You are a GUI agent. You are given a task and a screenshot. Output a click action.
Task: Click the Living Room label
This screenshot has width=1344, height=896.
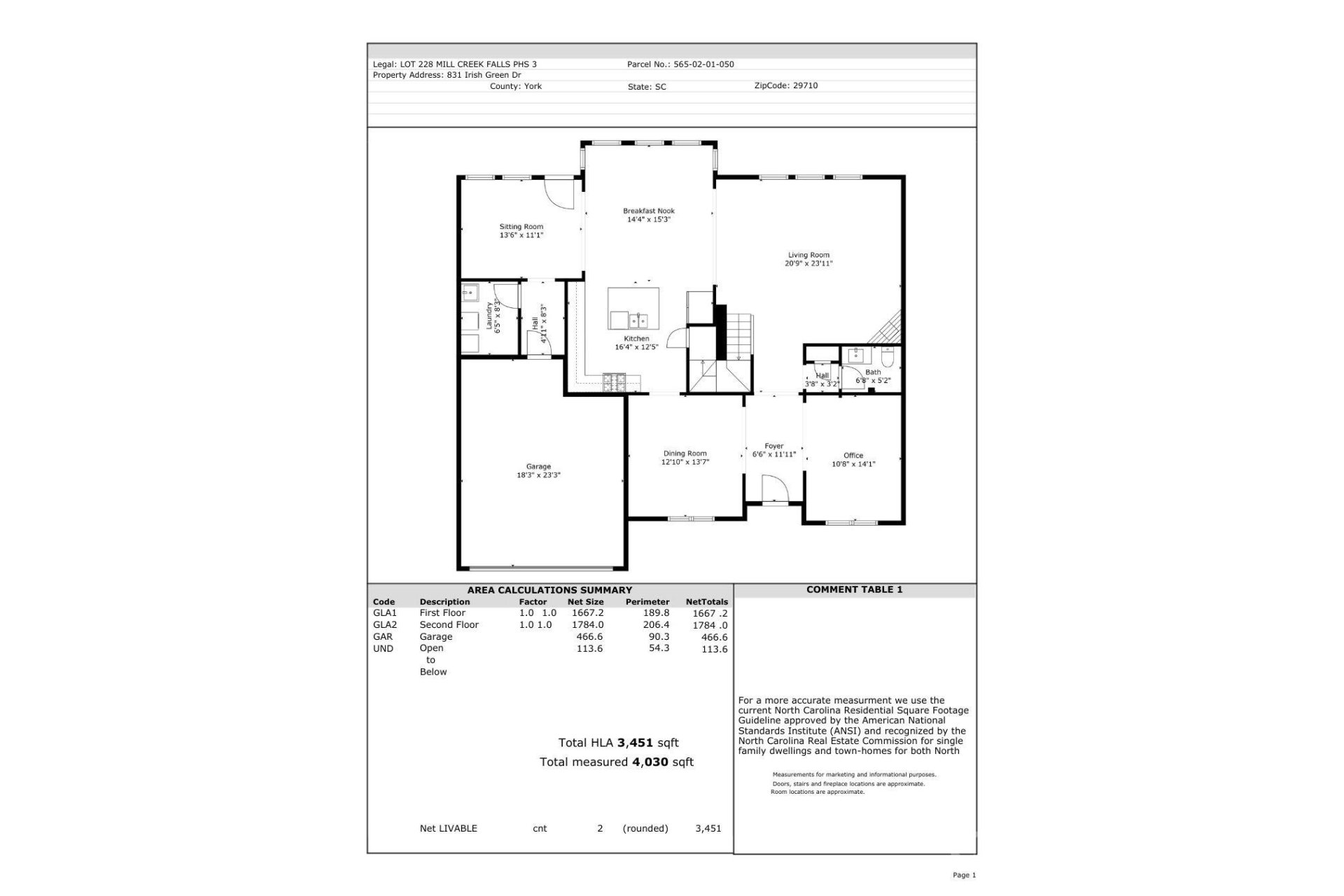[808, 255]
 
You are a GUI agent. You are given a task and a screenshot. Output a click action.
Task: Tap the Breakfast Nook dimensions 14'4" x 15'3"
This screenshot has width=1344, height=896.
[649, 220]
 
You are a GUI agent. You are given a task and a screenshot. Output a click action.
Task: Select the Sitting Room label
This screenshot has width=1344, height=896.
[521, 227]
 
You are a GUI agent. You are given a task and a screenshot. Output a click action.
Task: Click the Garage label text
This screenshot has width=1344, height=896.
[538, 467]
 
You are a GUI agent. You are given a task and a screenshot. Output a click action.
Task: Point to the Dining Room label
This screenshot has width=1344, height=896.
[685, 454]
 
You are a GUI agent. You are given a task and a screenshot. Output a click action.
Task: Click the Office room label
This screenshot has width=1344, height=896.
[853, 456]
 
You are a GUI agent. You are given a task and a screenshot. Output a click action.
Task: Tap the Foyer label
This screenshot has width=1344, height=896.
[773, 446]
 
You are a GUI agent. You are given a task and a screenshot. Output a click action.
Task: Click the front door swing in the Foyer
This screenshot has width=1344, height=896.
[773, 488]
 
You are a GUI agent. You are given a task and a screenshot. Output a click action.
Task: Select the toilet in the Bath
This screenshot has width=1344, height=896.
[888, 359]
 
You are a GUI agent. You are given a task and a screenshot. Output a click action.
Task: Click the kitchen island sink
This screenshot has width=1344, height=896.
[638, 321]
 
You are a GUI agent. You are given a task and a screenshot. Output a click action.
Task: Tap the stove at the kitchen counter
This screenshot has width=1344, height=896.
[615, 381]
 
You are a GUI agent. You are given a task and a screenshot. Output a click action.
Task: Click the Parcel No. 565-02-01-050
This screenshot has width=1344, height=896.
[703, 64]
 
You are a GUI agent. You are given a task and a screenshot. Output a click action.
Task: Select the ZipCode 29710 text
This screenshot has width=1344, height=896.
[805, 85]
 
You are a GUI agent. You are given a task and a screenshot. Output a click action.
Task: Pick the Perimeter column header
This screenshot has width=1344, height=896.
[647, 602]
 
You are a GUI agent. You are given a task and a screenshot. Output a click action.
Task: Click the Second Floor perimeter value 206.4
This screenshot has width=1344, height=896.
[656, 624]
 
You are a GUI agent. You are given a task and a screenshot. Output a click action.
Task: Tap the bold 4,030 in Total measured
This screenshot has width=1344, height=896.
[650, 762]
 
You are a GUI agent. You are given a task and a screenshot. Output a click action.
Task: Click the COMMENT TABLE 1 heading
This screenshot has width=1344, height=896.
[854, 589]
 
